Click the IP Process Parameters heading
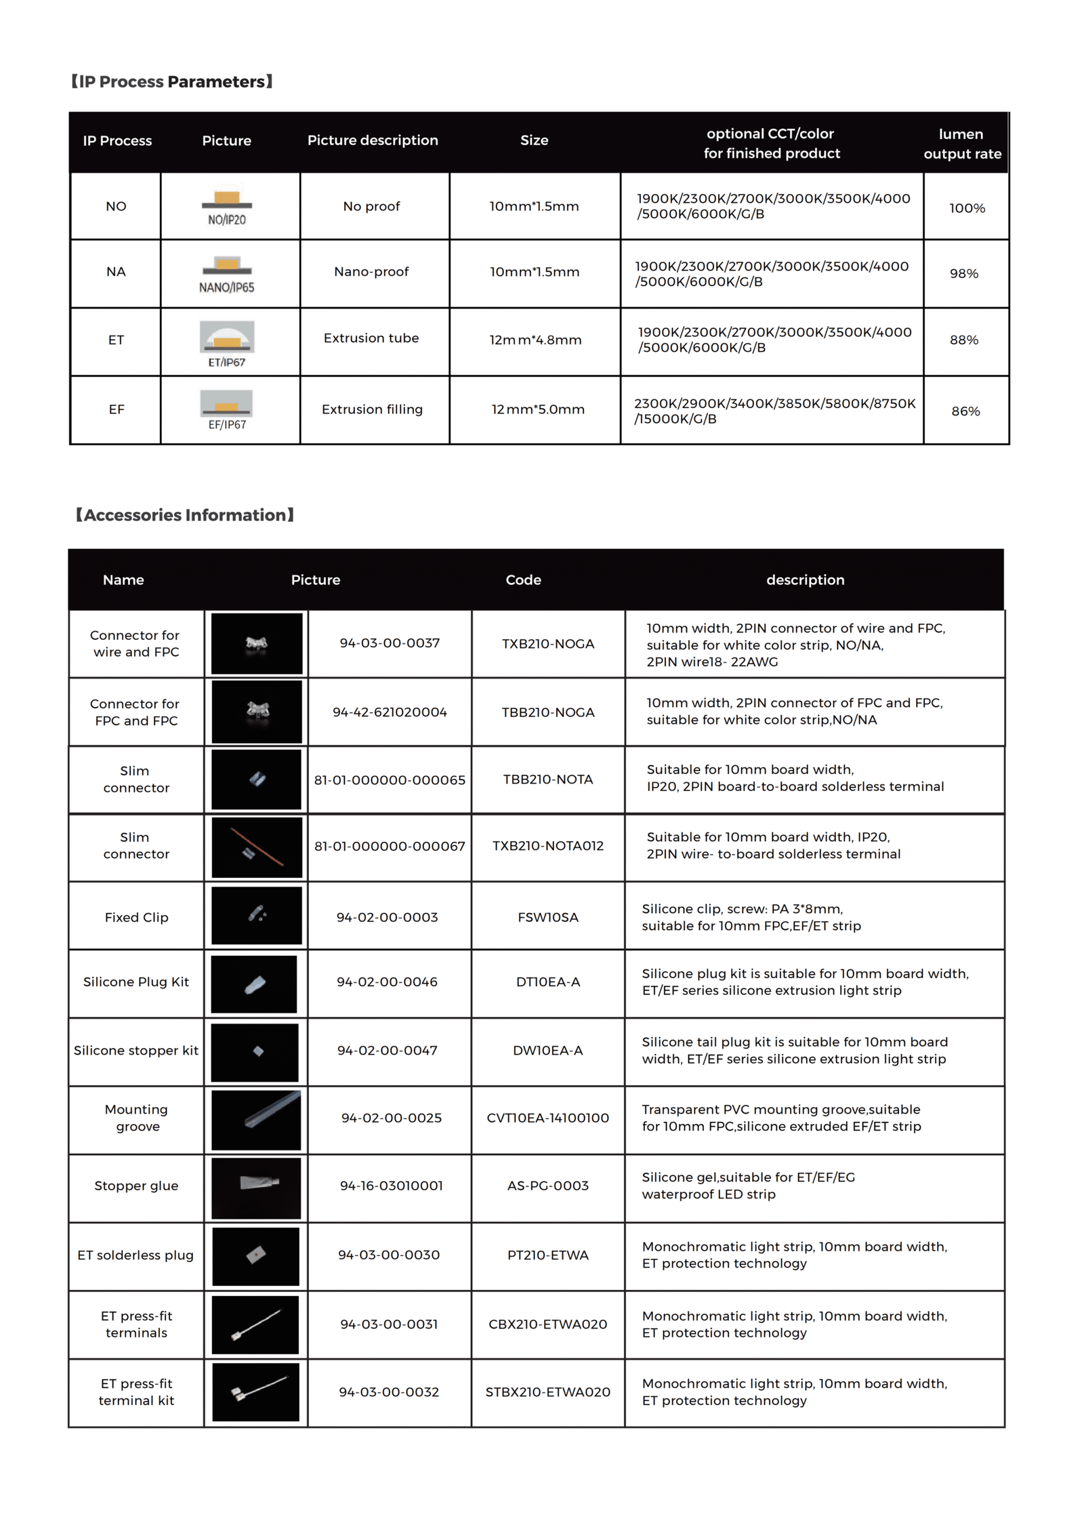tap(171, 82)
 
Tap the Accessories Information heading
tap(184, 515)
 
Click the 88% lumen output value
tap(963, 340)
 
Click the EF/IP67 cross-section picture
tap(227, 409)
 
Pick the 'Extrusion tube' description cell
tap(371, 338)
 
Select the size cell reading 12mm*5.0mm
tap(537, 409)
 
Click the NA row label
tap(116, 272)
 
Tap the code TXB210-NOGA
tap(547, 644)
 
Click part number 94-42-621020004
tap(390, 712)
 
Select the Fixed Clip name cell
tap(136, 917)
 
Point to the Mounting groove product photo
tap(256, 1120)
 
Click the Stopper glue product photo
tap(256, 1186)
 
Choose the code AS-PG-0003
tap(547, 1186)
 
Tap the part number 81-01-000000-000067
tap(390, 846)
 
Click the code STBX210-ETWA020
tap(547, 1392)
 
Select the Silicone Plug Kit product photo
tap(255, 984)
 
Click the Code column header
tap(523, 580)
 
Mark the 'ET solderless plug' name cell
tap(135, 1255)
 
